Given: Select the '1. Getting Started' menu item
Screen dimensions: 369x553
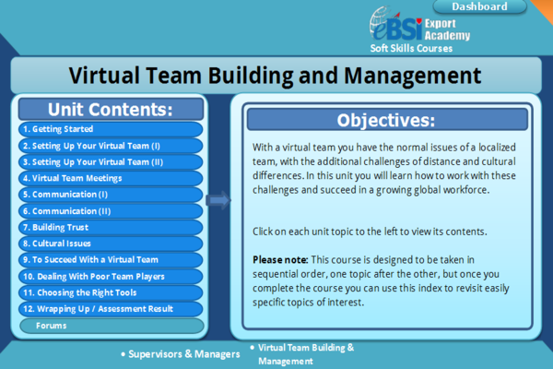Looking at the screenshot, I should (111, 130).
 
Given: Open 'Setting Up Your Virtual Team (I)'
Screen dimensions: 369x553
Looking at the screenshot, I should (111, 146).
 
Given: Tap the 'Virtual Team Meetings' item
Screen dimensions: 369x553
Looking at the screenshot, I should (111, 178).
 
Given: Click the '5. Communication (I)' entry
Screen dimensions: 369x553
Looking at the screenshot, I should (111, 195).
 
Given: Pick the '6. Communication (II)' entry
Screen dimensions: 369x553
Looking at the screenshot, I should (111, 211).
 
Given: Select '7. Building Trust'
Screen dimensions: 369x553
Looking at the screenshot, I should (111, 227).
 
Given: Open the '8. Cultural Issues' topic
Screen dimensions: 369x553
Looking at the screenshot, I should (111, 244).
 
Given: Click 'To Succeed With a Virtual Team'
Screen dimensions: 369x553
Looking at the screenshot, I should (111, 260).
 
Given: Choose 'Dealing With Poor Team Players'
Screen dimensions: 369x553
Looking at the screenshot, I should (111, 276).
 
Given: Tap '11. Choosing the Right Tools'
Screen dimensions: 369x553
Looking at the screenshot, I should (111, 292).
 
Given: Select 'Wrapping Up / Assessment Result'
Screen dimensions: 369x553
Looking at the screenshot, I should (111, 308).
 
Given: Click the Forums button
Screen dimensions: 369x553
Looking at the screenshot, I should (111, 326).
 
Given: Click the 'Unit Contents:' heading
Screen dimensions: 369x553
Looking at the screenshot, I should (111, 109).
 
